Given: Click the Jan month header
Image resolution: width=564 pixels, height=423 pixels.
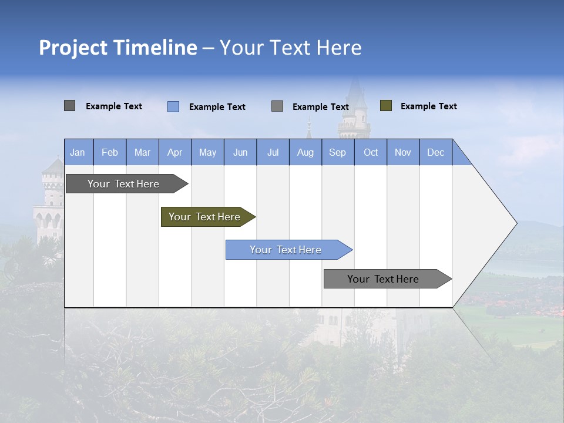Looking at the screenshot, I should point(78,152).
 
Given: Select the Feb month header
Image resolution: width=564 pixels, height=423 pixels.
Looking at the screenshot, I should point(110,152).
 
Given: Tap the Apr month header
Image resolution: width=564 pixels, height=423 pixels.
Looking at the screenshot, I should point(175,152).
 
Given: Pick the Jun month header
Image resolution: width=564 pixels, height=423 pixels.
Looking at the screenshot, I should point(240,152).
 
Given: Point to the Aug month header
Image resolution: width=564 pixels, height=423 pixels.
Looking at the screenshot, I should point(305,152).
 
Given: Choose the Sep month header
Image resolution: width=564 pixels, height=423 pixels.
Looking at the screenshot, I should point(338,152).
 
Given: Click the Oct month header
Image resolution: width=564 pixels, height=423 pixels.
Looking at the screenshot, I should point(371,152).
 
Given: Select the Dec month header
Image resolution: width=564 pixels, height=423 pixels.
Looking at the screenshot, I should point(436,152).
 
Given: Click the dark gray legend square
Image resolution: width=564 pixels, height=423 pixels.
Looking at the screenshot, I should point(70,106).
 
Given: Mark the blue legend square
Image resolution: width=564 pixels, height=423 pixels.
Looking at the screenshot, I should point(173,106).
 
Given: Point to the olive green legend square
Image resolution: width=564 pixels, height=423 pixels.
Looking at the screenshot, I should point(385,106).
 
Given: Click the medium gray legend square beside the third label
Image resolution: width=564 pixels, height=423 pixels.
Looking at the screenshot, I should point(277,106).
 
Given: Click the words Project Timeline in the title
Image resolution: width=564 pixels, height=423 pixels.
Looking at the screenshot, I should point(117,48).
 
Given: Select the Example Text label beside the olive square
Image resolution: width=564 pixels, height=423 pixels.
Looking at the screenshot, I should point(428,106).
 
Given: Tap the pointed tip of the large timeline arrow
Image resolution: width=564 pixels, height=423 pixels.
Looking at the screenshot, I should point(515,223).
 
